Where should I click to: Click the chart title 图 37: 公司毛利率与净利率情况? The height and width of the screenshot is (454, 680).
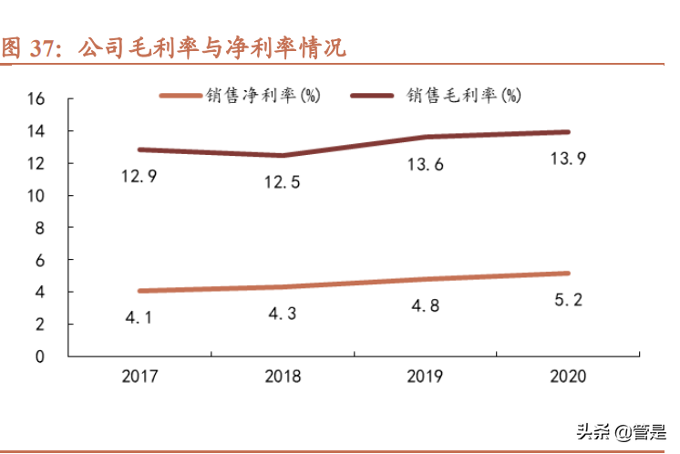pyautogui.click(x=173, y=47)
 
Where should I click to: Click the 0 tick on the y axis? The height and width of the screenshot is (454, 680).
pyautogui.click(x=40, y=356)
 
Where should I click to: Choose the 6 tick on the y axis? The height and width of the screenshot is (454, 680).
pyautogui.click(x=40, y=260)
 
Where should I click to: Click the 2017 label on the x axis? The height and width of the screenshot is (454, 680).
pyautogui.click(x=139, y=377)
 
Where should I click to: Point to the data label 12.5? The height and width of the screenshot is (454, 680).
pyautogui.click(x=282, y=183)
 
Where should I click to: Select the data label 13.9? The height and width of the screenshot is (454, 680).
pyautogui.click(x=566, y=160)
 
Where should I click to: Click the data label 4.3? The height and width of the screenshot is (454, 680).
pyautogui.click(x=282, y=315)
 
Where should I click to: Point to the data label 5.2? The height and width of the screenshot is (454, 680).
pyautogui.click(x=566, y=300)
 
